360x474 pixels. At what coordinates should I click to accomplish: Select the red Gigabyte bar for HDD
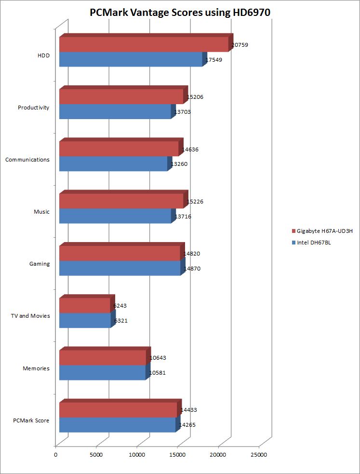pos(143,44)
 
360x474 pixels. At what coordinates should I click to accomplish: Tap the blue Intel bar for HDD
pos(130,59)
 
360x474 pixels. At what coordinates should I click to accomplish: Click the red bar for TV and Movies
pos(84,306)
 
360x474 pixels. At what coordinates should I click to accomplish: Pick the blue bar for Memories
pos(102,373)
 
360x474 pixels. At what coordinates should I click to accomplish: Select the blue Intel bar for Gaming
pos(120,268)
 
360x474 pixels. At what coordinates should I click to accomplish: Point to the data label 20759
pos(240,45)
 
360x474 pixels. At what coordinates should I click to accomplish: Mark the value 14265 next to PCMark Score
pos(187,425)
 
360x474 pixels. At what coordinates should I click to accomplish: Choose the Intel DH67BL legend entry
pos(313,243)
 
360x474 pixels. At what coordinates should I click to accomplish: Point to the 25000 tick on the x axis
pos(259,454)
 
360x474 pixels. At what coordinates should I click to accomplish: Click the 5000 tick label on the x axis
pos(96,454)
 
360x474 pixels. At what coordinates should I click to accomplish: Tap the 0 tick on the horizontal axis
pos(56,454)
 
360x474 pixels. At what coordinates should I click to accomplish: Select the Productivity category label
pos(33,108)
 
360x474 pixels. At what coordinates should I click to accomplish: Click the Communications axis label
pos(27,160)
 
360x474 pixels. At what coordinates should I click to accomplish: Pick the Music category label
pos(41,212)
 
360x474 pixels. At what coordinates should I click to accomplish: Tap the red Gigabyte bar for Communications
pos(119,149)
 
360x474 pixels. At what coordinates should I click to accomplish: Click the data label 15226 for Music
pos(195,202)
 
